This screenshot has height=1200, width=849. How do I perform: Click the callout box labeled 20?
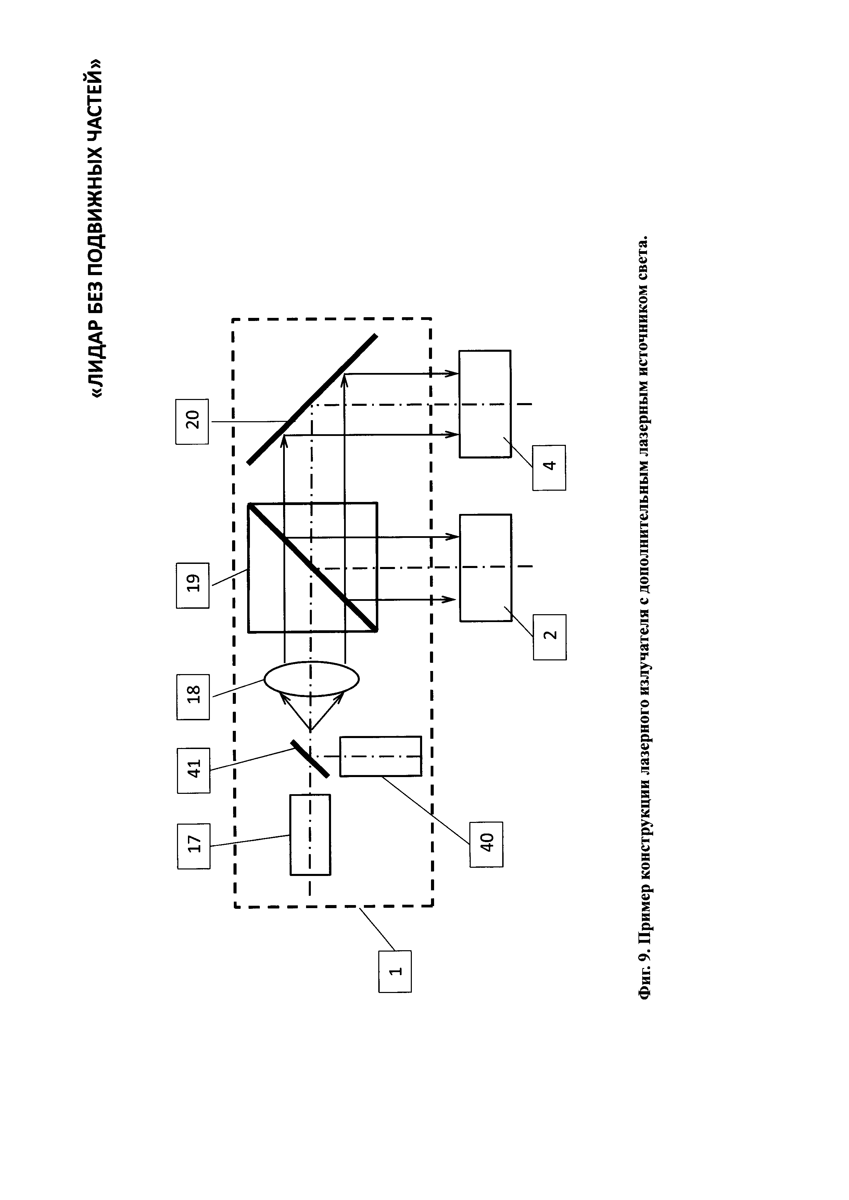pyautogui.click(x=192, y=421)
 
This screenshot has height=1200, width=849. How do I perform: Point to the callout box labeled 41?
pyautogui.click(x=193, y=770)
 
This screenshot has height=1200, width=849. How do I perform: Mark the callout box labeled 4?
pyautogui.click(x=549, y=467)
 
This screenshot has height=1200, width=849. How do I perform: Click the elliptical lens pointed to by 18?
pyautogui.click(x=312, y=679)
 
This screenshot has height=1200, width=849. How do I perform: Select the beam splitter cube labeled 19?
pyautogui.click(x=313, y=567)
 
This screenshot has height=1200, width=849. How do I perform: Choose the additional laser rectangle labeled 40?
pyautogui.click(x=380, y=756)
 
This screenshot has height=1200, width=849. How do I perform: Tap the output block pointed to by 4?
pyautogui.click(x=485, y=404)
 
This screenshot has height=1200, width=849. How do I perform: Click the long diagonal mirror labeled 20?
pyautogui.click(x=312, y=399)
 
